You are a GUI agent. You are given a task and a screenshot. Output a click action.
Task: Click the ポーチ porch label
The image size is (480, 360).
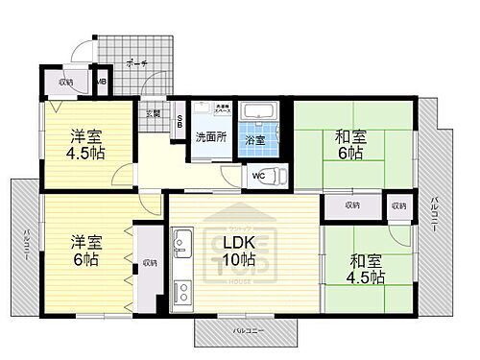[135, 63]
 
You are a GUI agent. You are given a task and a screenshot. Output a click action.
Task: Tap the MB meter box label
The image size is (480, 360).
[101, 83]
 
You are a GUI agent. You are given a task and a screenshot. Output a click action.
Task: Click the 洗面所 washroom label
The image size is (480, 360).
[210, 136]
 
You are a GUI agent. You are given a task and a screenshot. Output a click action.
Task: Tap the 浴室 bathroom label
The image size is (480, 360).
[255, 140]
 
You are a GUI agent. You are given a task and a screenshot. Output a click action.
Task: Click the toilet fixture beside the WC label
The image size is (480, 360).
[275, 175]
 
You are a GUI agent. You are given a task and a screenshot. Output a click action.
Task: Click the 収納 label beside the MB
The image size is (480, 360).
[65, 83]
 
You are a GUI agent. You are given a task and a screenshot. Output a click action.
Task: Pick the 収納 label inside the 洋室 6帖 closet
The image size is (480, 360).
[150, 262]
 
